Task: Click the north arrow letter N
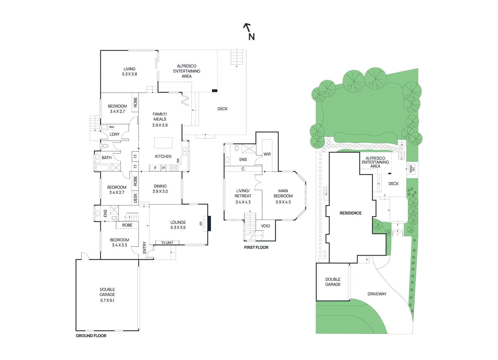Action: coord(251,37)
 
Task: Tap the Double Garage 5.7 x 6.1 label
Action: coord(107,295)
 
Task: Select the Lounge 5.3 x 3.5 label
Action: coord(178,225)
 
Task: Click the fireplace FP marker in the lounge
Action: coord(201,223)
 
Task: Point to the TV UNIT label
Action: coord(167,242)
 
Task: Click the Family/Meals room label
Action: coord(160,119)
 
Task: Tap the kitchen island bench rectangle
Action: coord(163,143)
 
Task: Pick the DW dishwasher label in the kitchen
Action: coord(178,161)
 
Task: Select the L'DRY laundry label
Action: coord(115,134)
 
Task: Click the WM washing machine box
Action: coord(111,127)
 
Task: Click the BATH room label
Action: coord(106,157)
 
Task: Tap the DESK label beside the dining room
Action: coord(135,198)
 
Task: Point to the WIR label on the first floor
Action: coord(267,154)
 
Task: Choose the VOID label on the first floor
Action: coord(265,226)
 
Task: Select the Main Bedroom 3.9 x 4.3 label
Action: coord(283,196)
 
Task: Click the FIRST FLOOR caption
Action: coord(256,247)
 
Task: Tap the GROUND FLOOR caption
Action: coord(91,335)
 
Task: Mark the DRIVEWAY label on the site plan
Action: coord(377,294)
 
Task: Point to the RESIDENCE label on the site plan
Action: coord(350,213)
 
